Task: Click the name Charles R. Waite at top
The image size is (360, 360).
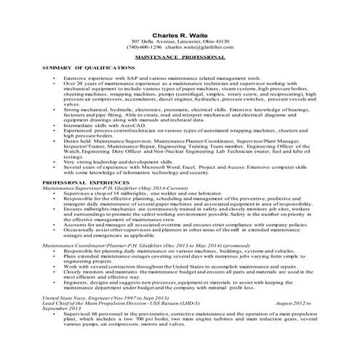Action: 180,34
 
